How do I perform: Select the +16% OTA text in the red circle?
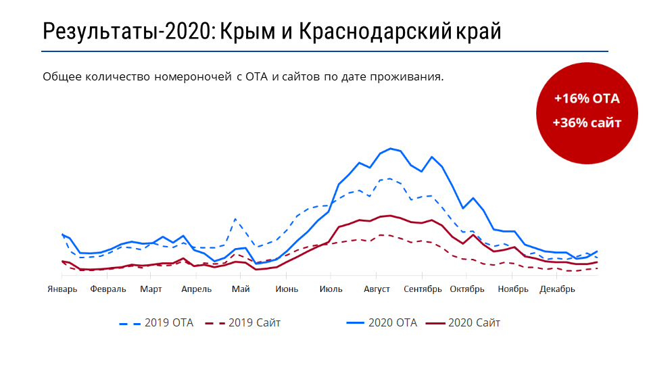tap(587, 99)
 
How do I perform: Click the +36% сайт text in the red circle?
tap(586, 122)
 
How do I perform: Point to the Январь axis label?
tap(62, 290)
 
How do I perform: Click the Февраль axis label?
tap(107, 290)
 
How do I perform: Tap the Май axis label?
tap(241, 290)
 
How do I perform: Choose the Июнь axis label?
tap(286, 290)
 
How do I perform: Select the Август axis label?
tap(377, 290)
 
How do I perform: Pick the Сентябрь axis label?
tap(422, 290)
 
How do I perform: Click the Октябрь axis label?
tap(466, 290)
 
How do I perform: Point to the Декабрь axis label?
tap(557, 290)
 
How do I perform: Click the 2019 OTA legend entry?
tap(156, 322)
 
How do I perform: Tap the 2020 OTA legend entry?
tap(381, 322)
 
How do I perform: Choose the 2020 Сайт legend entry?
tap(462, 322)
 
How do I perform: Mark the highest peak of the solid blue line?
tap(391, 148)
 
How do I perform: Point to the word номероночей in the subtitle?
tap(193, 76)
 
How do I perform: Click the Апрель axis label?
tap(197, 290)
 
